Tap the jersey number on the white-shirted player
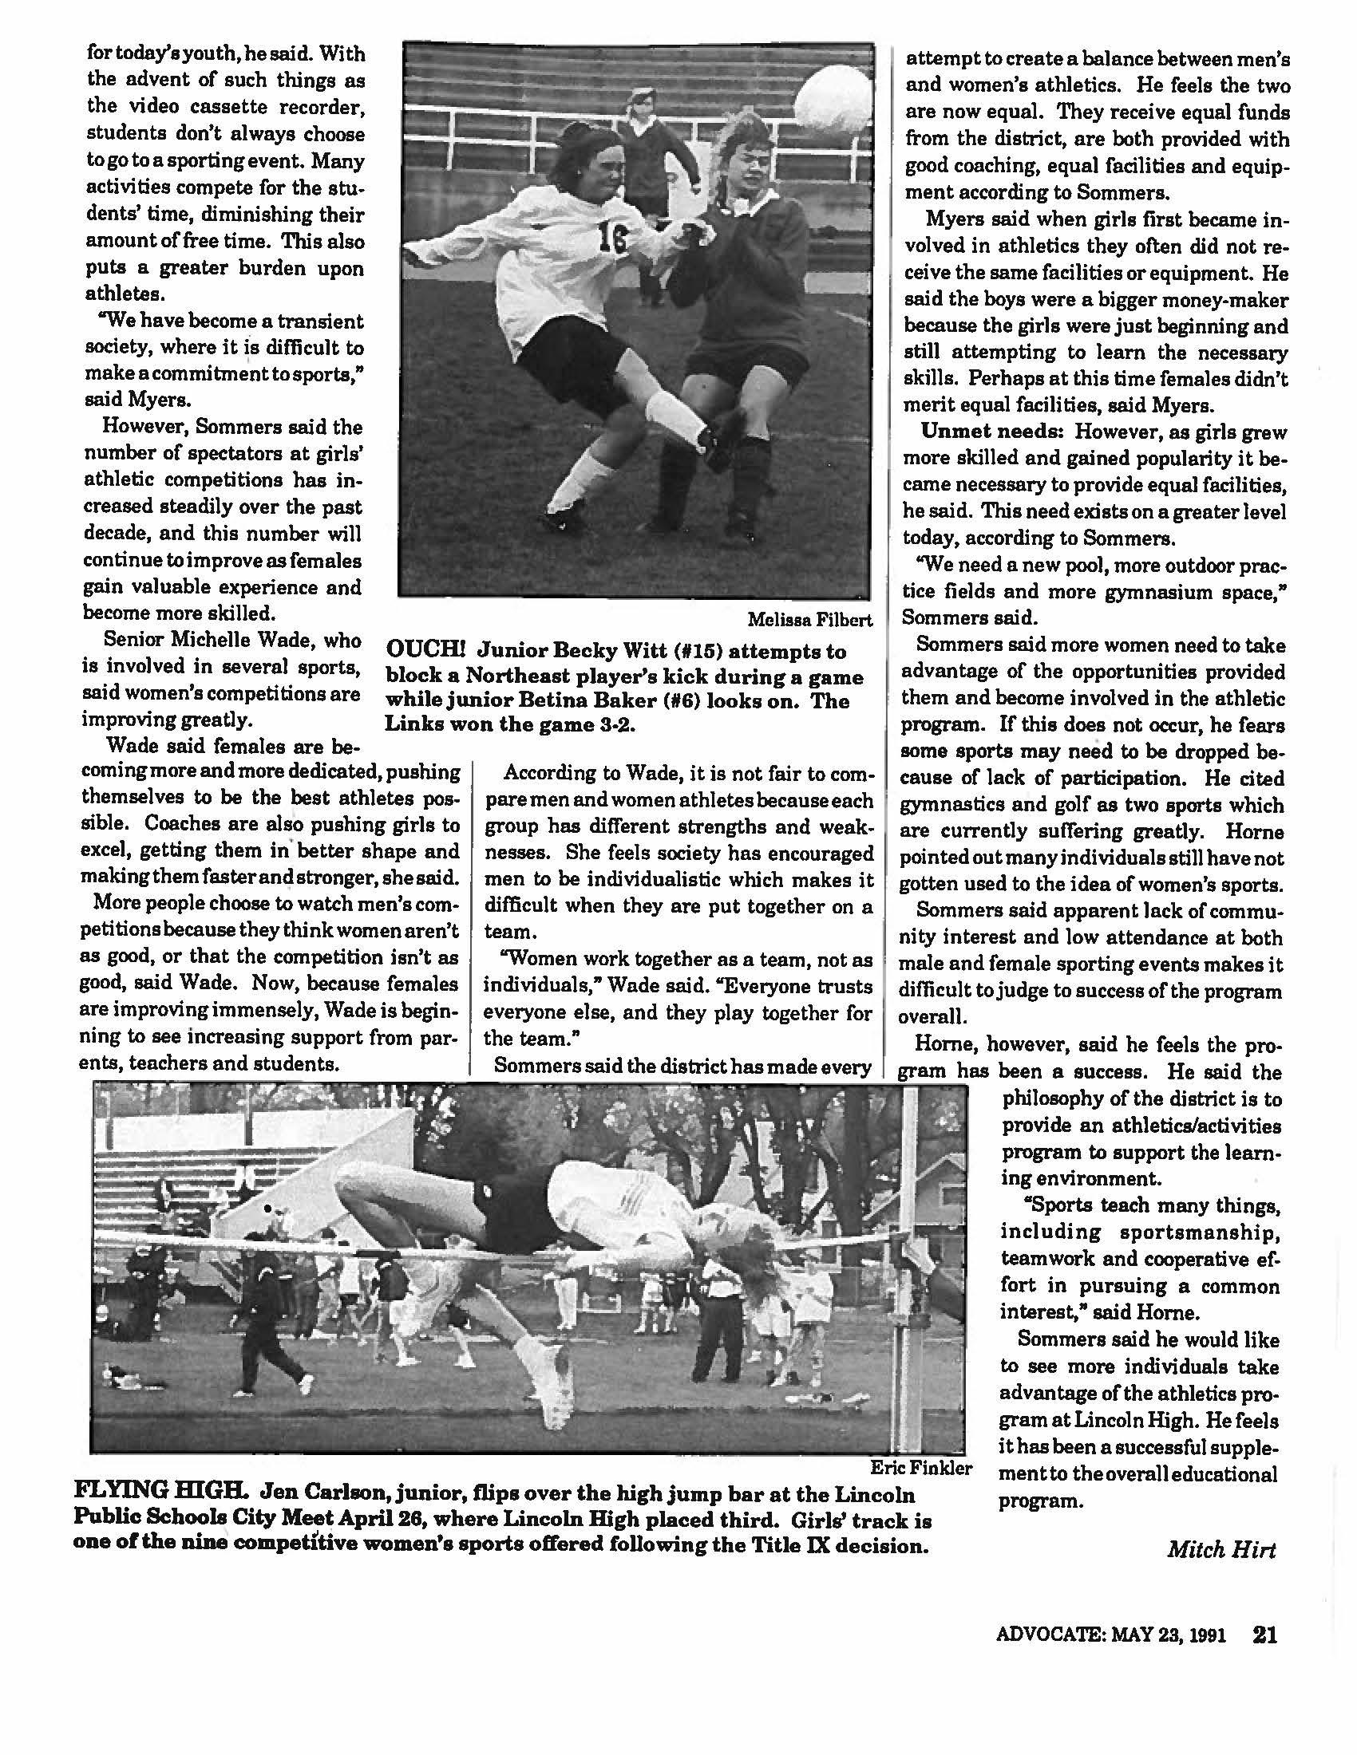pos(612,238)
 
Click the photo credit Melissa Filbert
pos(809,620)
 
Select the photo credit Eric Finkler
pos(921,1468)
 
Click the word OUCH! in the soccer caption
pos(426,650)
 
